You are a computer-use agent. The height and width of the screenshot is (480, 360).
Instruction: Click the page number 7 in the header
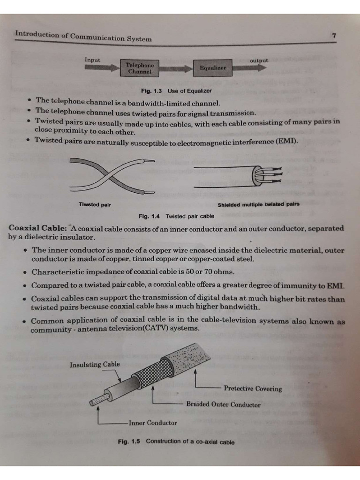click(333, 36)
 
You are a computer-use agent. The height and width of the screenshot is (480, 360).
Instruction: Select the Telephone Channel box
click(140, 68)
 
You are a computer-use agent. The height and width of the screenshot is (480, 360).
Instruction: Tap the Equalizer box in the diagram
click(213, 68)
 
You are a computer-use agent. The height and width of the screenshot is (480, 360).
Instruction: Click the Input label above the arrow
click(92, 60)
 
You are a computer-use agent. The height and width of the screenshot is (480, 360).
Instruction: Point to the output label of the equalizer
click(259, 60)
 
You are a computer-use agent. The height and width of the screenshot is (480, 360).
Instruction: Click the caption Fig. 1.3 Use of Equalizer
click(176, 90)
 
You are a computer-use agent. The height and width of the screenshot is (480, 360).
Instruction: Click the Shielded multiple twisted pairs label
click(258, 204)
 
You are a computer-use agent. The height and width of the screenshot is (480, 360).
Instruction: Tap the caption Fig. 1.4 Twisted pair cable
click(176, 216)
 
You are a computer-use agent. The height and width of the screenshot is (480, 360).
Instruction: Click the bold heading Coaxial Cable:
click(37, 228)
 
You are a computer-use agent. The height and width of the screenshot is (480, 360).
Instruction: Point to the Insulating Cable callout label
click(95, 364)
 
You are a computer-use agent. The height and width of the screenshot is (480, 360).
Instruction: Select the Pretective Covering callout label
click(253, 389)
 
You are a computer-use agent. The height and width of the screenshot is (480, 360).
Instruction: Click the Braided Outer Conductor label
click(223, 404)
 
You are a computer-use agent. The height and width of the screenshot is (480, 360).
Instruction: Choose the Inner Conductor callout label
click(153, 423)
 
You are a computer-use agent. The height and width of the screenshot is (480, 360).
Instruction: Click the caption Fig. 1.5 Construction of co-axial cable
click(176, 442)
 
